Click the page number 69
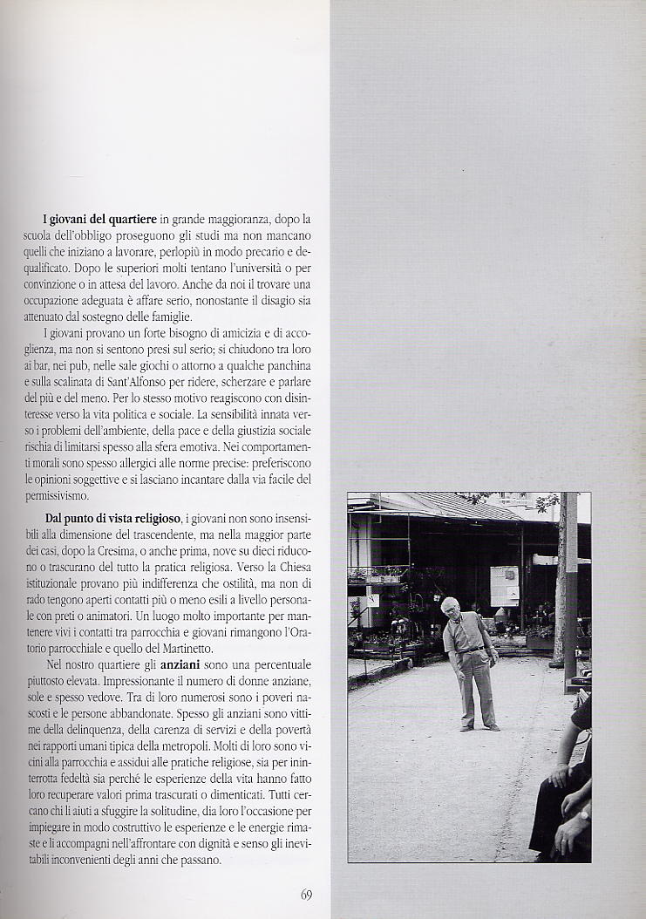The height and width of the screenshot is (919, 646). coord(306,894)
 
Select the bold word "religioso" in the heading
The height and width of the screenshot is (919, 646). coord(153,519)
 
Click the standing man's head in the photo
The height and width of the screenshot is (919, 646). coord(450,607)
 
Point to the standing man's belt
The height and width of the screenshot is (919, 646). coord(473,648)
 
